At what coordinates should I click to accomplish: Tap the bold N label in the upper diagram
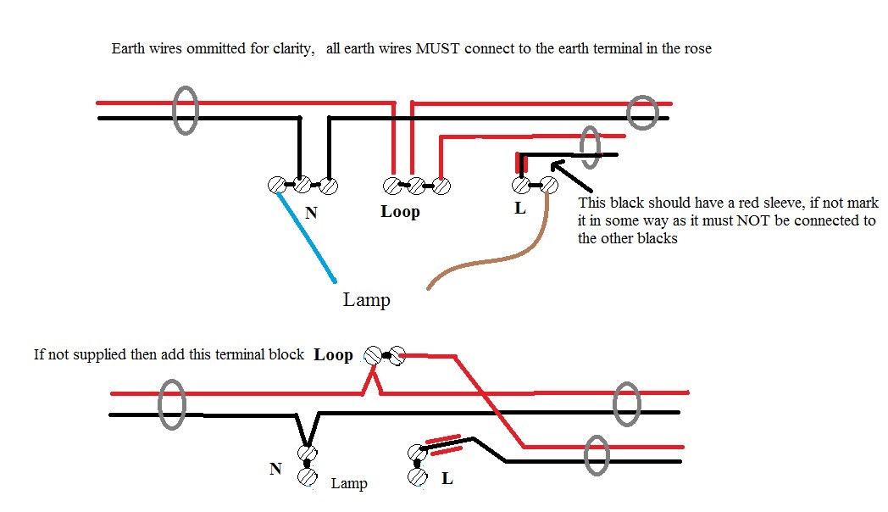coord(311,213)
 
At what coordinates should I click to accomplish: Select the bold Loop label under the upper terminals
coord(400,211)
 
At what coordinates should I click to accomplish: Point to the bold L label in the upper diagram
coord(520,209)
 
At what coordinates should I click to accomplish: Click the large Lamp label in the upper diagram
coord(366,299)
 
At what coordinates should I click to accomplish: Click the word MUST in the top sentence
coord(437,48)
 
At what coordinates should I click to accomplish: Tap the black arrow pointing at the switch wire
coord(571,176)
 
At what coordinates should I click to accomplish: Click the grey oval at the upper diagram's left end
coord(186,110)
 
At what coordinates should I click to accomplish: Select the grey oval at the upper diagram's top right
coord(643,112)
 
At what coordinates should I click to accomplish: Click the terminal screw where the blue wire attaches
coord(276,185)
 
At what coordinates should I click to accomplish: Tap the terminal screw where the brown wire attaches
coord(548,185)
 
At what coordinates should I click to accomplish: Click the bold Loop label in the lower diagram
coord(334,354)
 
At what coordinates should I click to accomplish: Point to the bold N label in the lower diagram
coord(275,469)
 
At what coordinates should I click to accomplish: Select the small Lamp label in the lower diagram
coord(349,483)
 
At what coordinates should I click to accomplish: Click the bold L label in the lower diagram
coord(447,479)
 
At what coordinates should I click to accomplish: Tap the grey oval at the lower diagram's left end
coord(172,404)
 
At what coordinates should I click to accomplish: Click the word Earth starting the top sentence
coord(129,48)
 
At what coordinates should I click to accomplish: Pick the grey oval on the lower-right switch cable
coord(597,455)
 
